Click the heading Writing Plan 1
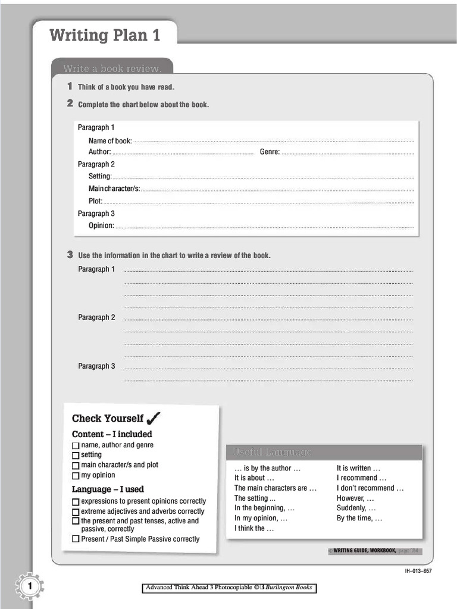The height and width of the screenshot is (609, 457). (105, 35)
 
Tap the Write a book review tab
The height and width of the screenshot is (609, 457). (112, 68)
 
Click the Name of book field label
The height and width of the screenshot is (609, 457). (110, 141)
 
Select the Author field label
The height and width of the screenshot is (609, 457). (99, 152)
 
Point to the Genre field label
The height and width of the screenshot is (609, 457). (270, 152)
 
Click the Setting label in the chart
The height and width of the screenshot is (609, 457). (100, 176)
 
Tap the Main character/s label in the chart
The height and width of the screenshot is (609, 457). (114, 189)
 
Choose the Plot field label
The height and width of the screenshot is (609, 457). (96, 201)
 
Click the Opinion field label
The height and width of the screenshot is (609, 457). (101, 225)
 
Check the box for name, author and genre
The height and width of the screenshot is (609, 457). (76, 445)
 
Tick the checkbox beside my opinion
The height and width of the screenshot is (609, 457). (76, 476)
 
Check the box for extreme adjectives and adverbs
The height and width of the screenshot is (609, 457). (76, 511)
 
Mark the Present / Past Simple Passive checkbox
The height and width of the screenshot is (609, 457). (76, 539)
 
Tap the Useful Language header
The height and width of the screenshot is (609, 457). (272, 453)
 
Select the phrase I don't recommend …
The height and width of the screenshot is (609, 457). (370, 488)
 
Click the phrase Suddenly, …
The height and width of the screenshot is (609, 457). (356, 508)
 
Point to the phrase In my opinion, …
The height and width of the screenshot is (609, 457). (261, 518)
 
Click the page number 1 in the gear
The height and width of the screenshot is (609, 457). (29, 588)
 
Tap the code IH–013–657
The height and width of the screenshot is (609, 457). (418, 572)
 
